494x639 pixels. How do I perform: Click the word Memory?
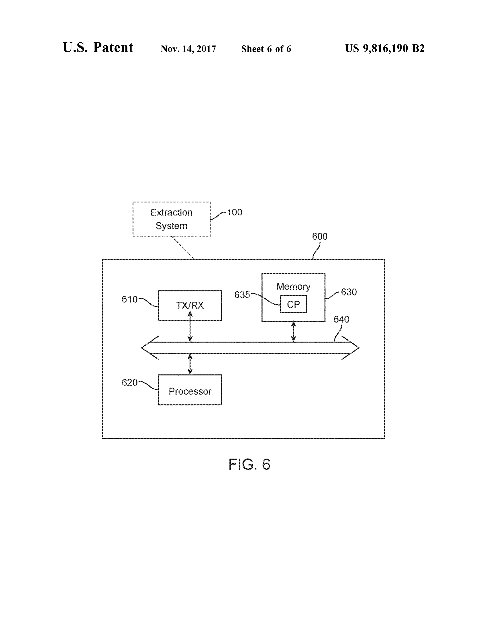point(293,286)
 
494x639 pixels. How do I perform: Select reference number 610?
point(130,299)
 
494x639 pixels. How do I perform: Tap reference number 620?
point(130,382)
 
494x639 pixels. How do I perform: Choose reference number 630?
point(349,292)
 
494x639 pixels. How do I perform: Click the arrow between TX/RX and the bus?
point(190,326)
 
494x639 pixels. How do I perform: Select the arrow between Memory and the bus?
point(293,332)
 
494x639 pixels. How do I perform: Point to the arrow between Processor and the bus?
point(190,364)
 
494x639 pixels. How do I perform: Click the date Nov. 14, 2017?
point(188,49)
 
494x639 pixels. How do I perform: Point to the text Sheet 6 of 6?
point(266,49)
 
